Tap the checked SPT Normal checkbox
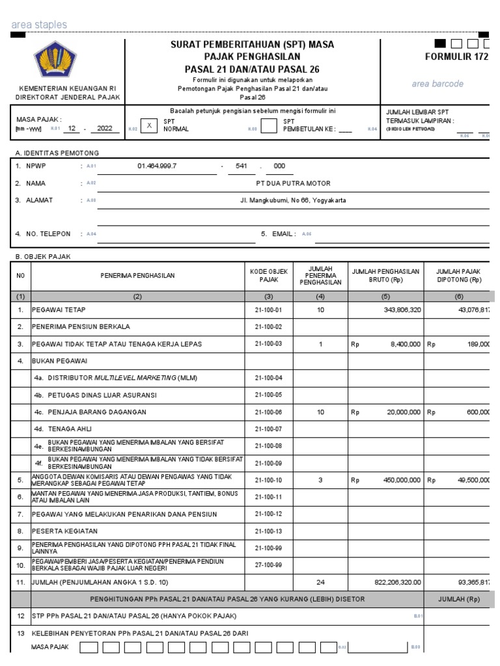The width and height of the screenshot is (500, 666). [149, 126]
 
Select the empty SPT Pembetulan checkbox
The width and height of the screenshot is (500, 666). [268, 126]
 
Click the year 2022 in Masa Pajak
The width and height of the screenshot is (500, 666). [105, 129]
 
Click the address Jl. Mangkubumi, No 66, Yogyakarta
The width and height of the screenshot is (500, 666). [293, 200]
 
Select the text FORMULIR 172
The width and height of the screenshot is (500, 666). [456, 57]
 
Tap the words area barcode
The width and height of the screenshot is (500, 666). [437, 84]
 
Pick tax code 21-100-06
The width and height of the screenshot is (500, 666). [268, 412]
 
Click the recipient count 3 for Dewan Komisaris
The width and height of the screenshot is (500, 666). [320, 480]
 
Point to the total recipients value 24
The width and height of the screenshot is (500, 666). [320, 582]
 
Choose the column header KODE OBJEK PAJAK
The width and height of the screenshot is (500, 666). [268, 275]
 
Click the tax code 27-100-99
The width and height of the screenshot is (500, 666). [268, 565]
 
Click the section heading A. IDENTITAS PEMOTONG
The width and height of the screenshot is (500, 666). [57, 153]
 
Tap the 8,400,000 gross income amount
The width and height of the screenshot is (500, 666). [405, 344]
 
